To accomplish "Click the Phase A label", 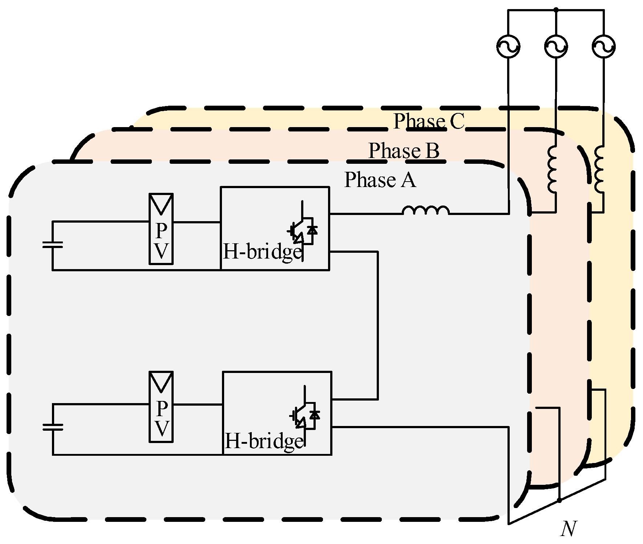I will (380, 180).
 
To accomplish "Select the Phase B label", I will (404, 151).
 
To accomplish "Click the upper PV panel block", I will (161, 229).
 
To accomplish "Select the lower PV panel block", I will (161, 407).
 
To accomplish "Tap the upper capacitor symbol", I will (53, 245).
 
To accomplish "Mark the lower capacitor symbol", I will (53, 427).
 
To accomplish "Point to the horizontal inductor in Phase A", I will (426, 211).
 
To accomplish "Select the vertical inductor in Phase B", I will (552, 169).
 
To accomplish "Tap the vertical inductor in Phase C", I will (599, 169).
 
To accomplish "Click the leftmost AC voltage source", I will (508, 46).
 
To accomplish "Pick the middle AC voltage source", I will (556, 46).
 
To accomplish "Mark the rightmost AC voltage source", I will (603, 46).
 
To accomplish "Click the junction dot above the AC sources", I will (556, 10).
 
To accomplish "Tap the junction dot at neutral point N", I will (559, 501).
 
